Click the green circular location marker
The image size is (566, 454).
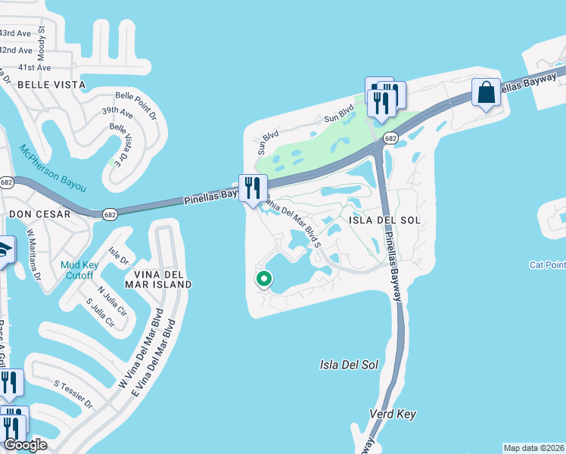point(264,279)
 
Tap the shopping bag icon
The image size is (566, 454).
point(486,93)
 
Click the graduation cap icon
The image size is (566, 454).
point(4,249)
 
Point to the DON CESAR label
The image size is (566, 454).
point(39,214)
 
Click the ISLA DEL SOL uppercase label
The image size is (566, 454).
point(384,219)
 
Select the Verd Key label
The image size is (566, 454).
point(393,415)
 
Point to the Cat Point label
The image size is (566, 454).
point(547,265)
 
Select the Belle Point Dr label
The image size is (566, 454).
point(135,98)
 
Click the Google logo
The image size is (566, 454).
point(25,445)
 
